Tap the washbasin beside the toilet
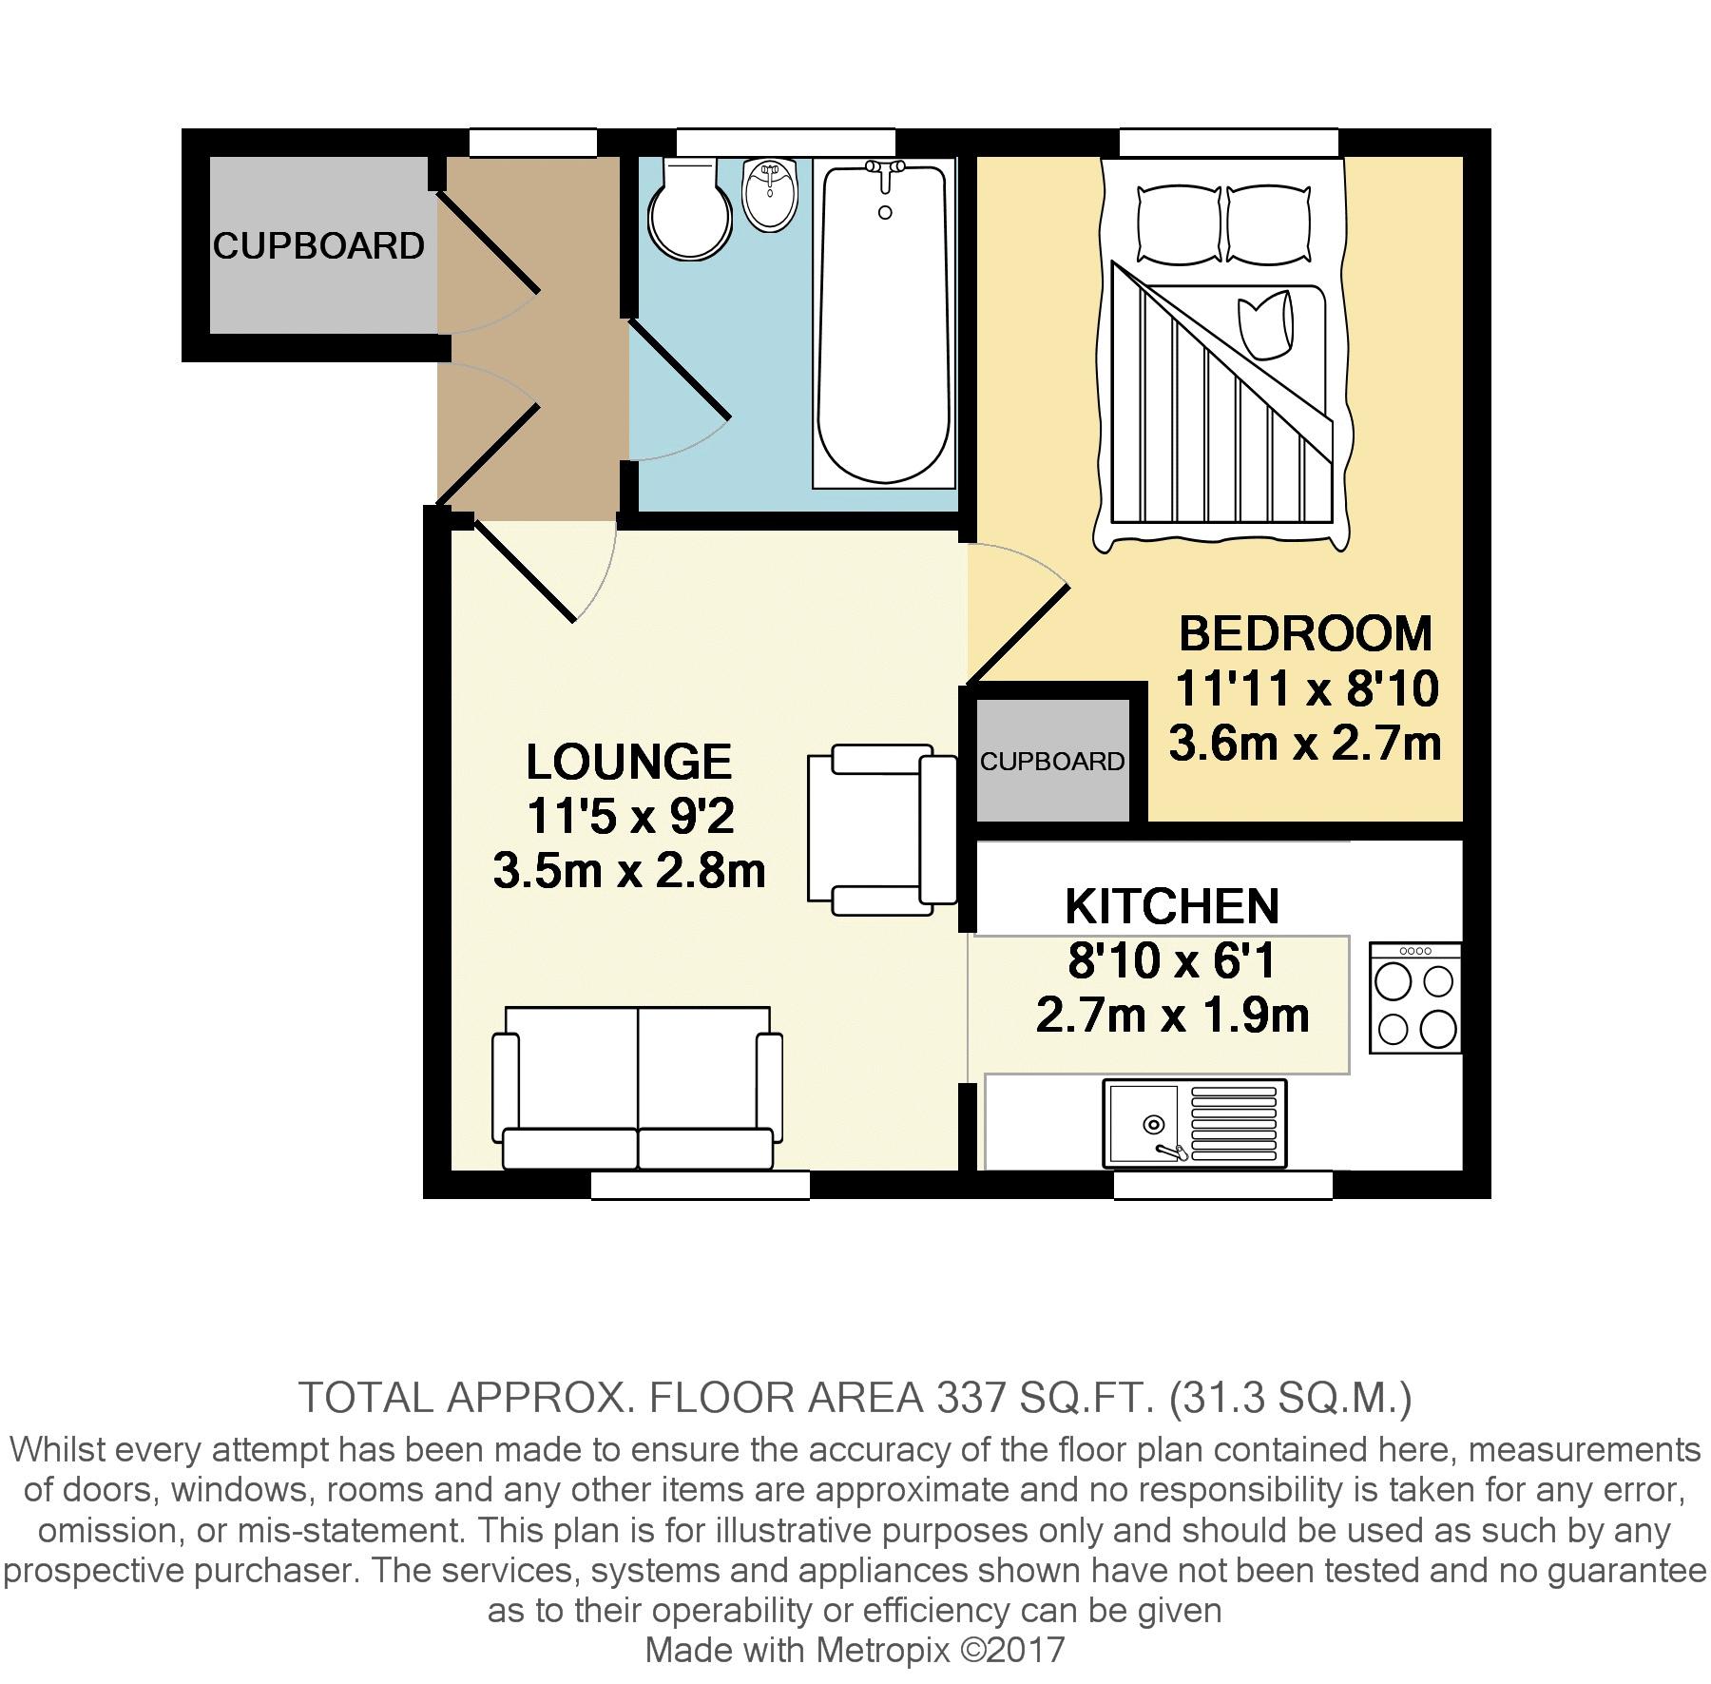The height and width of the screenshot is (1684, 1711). (771, 194)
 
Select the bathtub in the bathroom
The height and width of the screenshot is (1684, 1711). (884, 324)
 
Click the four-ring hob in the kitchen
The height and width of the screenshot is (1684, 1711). (1415, 998)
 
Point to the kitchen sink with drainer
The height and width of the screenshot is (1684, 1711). (1194, 1124)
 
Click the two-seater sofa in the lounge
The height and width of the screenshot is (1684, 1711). (637, 1087)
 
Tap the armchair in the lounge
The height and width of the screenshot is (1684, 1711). (882, 830)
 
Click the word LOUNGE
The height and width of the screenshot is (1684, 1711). (629, 762)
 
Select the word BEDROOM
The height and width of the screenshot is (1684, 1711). (1305, 634)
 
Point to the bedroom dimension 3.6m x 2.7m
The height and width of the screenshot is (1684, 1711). (1305, 744)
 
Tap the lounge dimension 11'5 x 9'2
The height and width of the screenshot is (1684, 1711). (630, 816)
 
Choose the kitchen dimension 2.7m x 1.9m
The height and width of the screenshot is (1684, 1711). (1172, 1016)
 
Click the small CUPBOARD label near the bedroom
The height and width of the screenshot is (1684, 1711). (1052, 762)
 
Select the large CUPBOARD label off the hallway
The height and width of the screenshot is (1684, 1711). (318, 246)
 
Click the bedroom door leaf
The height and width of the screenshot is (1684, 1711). (1018, 634)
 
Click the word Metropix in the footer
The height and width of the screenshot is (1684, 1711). (883, 1650)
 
